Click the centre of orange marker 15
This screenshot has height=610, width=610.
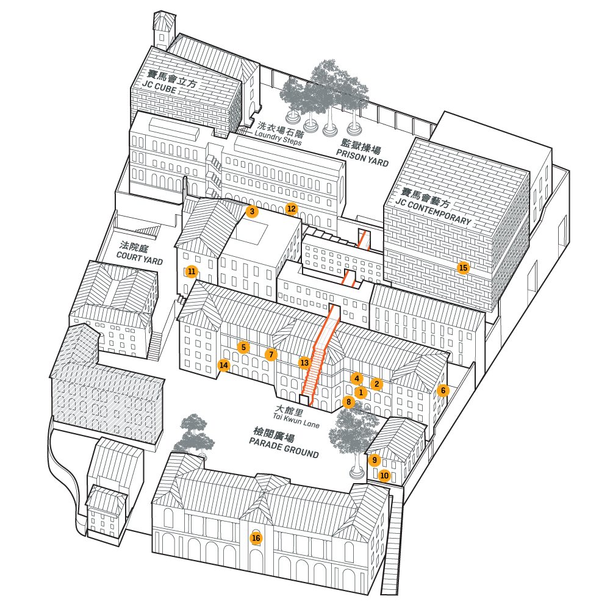click(463, 268)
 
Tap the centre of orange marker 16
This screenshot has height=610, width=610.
click(256, 538)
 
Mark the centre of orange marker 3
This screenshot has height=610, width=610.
click(252, 211)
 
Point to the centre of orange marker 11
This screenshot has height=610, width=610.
click(192, 271)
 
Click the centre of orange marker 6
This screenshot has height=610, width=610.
click(443, 390)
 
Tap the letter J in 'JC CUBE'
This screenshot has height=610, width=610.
click(145, 83)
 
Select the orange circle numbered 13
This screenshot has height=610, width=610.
click(304, 362)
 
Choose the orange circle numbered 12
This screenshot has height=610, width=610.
click(291, 209)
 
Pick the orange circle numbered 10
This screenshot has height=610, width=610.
click(384, 475)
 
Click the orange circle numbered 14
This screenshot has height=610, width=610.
click(223, 365)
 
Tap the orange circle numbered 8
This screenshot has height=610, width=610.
click(348, 402)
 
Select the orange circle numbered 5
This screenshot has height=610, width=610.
click(243, 348)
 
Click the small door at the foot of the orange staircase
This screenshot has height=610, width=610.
click(304, 400)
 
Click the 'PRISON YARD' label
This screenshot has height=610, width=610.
click(362, 158)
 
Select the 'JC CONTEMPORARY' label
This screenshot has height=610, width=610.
click(433, 211)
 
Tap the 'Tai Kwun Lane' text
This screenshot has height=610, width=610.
click(296, 420)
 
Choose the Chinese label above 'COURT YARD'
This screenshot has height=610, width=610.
click(134, 246)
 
